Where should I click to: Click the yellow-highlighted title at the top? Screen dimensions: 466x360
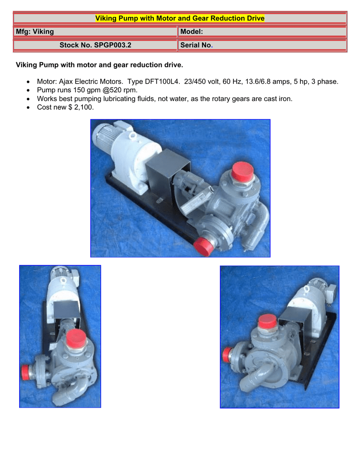click(x=180, y=18)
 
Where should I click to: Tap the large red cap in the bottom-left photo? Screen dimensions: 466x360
click(x=76, y=339)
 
